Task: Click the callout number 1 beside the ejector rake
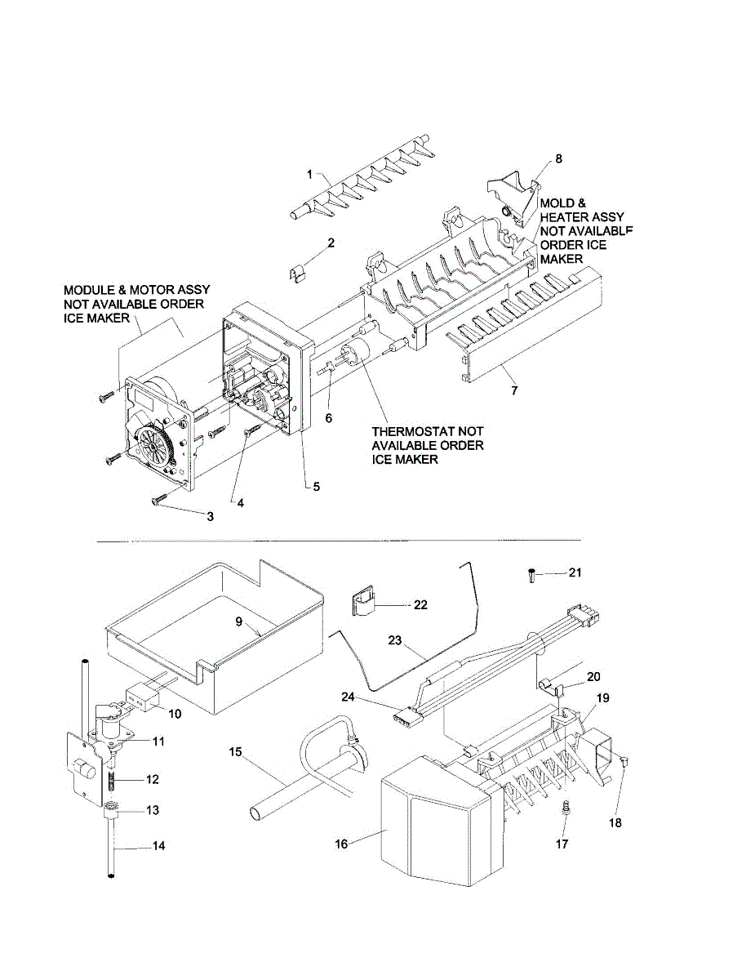309,174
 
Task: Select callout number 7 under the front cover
515,390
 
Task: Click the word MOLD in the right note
557,203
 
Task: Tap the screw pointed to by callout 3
159,500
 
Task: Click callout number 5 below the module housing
317,487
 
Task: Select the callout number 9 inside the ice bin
239,621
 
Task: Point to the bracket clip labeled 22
363,601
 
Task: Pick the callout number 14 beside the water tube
158,845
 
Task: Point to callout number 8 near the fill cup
559,158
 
